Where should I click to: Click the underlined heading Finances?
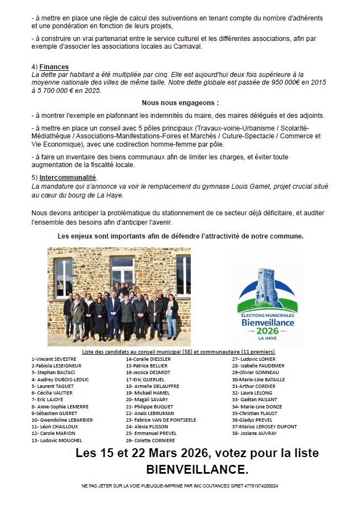tap(54, 67)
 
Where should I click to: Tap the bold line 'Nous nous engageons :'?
tap(180, 103)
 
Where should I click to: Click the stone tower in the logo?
tap(267, 286)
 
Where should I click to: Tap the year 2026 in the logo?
tap(268, 331)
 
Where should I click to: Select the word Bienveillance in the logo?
tap(268, 322)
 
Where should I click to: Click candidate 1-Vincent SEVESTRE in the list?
tap(54, 359)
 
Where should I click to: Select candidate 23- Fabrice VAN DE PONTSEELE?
tap(161, 420)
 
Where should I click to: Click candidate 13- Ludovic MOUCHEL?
tap(57, 441)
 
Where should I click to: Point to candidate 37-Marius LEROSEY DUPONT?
tap(264, 427)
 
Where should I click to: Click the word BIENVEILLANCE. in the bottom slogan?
tap(197, 470)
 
